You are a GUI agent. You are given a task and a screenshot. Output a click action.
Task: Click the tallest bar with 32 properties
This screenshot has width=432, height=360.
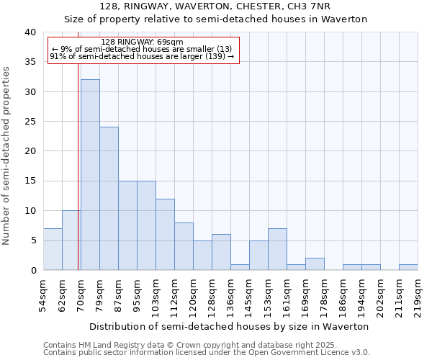pos(90,175)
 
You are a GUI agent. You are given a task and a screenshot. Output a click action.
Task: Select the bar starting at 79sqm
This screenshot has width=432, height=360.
pos(109,199)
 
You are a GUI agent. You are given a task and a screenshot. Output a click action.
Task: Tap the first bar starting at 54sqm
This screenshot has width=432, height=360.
pos(53,249)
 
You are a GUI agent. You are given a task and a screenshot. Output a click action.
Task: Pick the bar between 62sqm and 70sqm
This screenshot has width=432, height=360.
pos(71,240)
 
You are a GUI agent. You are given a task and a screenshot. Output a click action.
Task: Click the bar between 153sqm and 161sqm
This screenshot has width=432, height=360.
pos(277,249)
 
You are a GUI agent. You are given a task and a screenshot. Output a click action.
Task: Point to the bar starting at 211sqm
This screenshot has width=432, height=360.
pos(408,267)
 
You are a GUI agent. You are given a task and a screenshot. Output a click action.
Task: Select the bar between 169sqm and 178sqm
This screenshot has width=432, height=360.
pos(315,264)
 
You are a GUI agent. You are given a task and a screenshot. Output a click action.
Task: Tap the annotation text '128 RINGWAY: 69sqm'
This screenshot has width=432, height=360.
pos(143,42)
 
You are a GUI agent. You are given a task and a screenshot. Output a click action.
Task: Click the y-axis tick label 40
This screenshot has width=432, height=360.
pos(30,32)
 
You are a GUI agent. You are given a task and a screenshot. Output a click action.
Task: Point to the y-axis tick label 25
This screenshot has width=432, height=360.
pos(30,122)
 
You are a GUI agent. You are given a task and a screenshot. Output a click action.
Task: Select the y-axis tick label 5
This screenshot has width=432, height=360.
pos(32,240)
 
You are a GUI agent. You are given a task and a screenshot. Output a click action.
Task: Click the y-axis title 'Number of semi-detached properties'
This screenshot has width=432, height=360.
pos(6,156)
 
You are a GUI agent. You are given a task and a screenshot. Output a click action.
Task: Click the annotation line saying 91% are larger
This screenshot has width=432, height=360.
pos(142,56)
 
